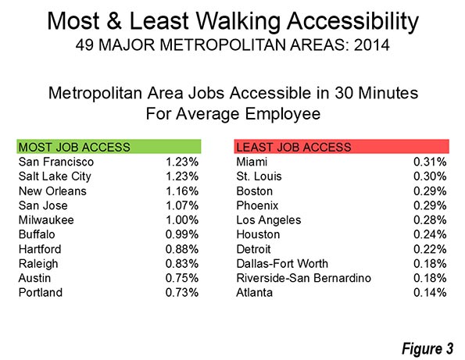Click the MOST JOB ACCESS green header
[x=109, y=147]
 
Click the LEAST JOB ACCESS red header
[x=342, y=147]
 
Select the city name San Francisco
[x=56, y=162]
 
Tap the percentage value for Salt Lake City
[x=182, y=176]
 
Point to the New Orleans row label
[x=52, y=191]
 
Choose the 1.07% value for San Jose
[x=182, y=205]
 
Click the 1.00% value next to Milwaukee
[x=182, y=220]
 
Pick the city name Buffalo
[x=37, y=234]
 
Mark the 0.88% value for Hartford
[x=182, y=249]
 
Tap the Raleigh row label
[x=38, y=264]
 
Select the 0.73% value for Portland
[x=182, y=292]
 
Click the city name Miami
[x=252, y=162]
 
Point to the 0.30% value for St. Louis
[x=430, y=176]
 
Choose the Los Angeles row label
[x=269, y=220]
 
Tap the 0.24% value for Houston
[x=430, y=234]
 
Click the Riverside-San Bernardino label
[x=304, y=278]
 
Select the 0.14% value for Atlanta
[x=430, y=292]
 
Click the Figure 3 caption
[x=427, y=348]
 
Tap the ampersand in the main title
[x=114, y=21]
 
